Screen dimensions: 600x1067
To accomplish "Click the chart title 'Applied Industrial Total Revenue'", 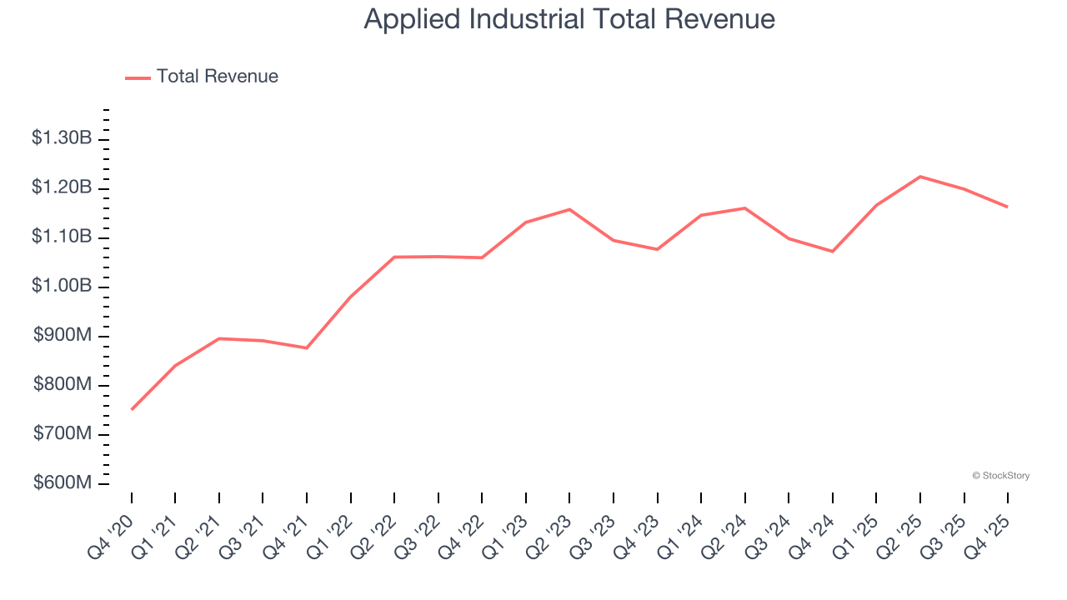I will point(569,19).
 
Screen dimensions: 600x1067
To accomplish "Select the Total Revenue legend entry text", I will point(217,77).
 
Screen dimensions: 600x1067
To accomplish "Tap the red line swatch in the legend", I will point(138,77).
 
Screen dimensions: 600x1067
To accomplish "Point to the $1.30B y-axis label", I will point(61,138).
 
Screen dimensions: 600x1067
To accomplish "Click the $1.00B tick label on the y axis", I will point(61,287).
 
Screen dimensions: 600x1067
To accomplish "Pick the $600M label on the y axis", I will point(63,483).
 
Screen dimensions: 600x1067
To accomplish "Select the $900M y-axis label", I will point(63,336).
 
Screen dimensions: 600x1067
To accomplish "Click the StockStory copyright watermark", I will point(1000,476).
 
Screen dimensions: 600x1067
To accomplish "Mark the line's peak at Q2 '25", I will point(920,177).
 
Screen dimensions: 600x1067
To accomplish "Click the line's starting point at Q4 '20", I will point(132,409).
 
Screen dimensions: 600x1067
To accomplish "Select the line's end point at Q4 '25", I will point(1008,207).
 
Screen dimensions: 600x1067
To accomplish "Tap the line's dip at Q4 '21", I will point(307,347).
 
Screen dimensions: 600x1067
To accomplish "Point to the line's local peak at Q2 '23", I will point(569,209).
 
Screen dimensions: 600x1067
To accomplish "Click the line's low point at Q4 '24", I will point(833,251).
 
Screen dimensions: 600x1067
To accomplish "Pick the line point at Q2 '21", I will point(219,338).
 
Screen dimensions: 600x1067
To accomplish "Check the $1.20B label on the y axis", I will point(61,187).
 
